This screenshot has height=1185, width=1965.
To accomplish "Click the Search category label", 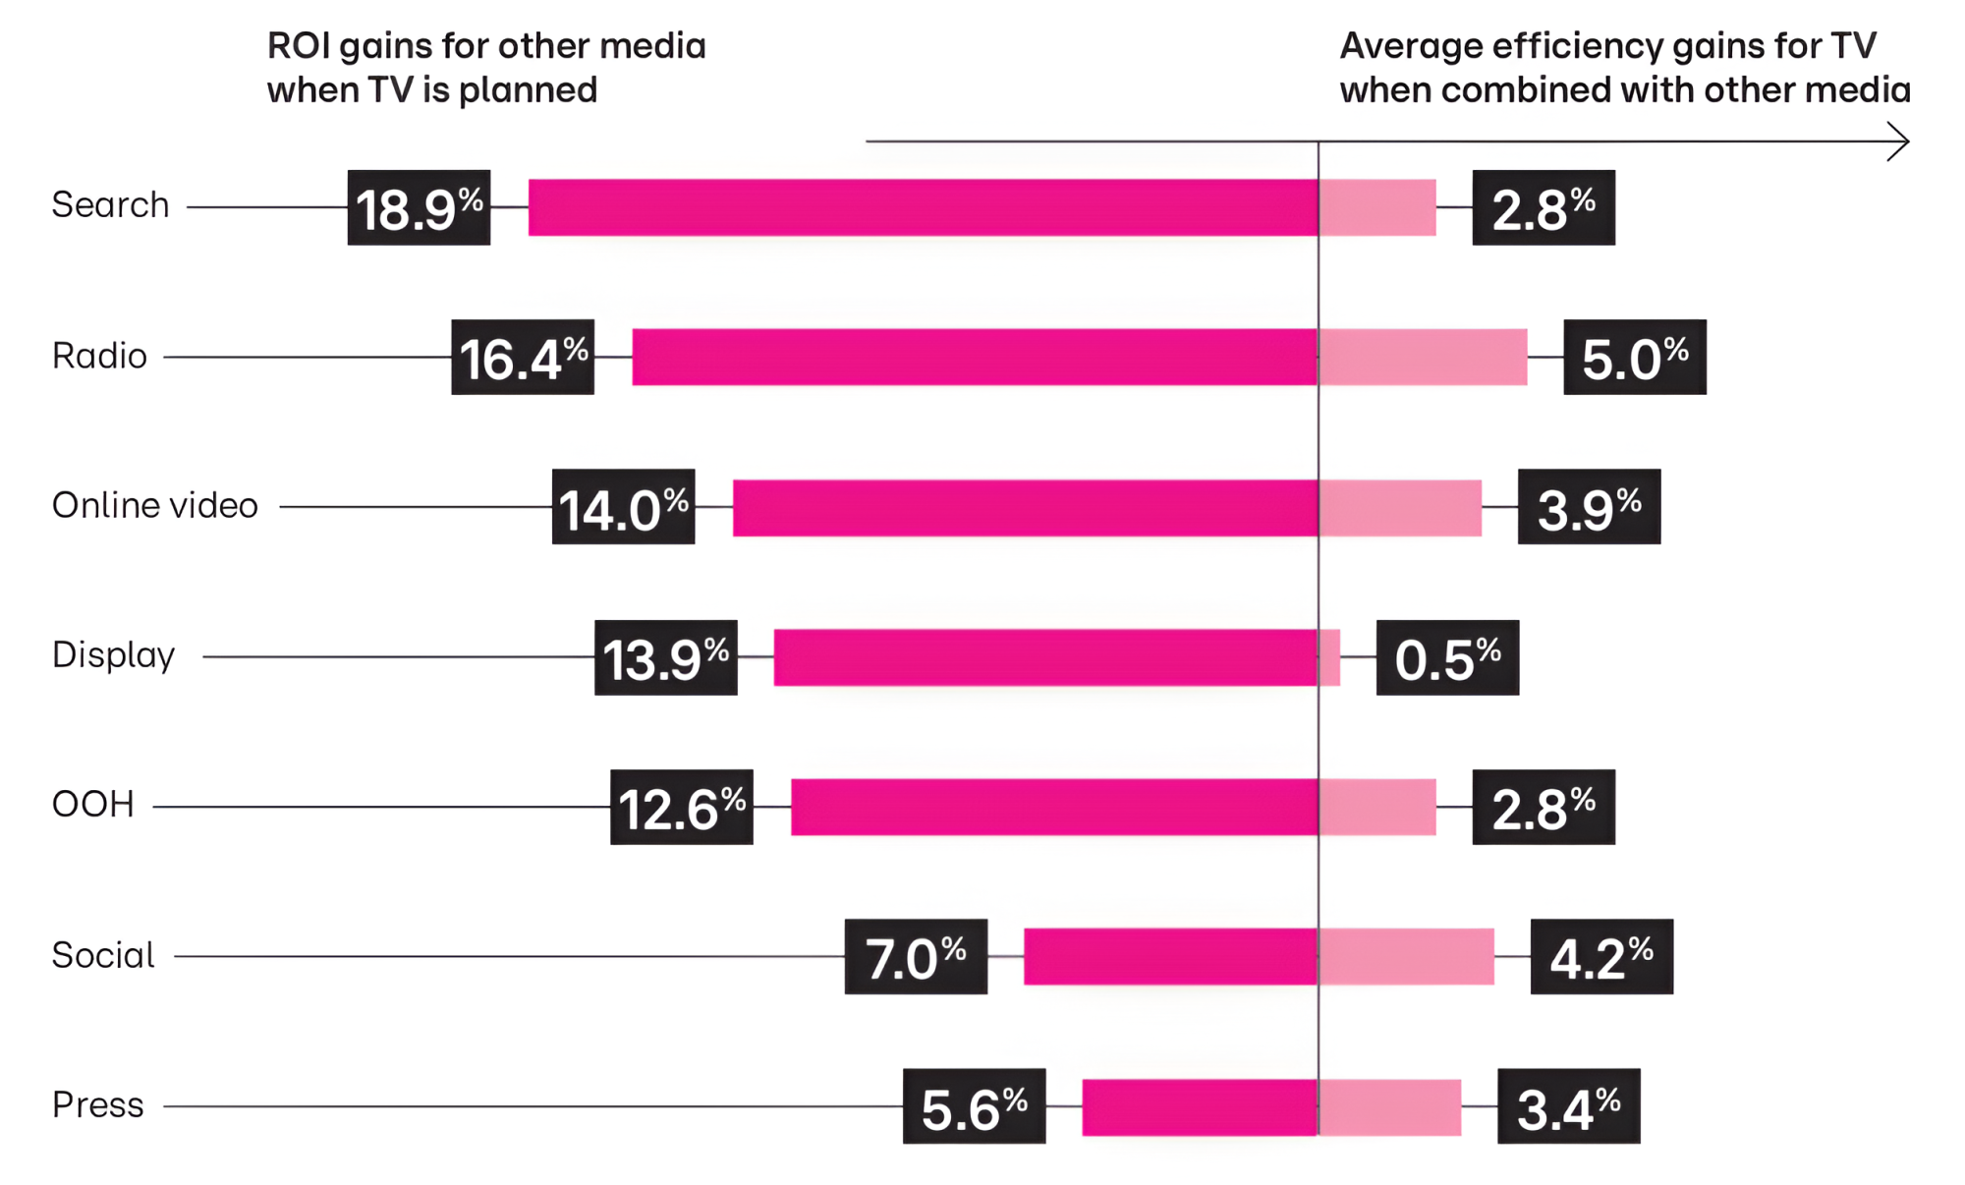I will (x=110, y=205).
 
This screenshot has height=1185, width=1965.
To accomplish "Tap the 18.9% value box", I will (x=419, y=207).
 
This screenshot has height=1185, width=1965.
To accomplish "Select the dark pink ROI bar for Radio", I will (x=974, y=357).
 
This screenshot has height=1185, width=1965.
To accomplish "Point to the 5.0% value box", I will (x=1634, y=357).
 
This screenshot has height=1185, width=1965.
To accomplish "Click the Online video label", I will (x=154, y=505).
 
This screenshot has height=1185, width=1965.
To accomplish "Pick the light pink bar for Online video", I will (x=1400, y=507).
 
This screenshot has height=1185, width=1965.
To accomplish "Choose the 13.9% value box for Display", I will (x=665, y=657).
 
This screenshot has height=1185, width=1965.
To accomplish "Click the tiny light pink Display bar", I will (x=1329, y=657).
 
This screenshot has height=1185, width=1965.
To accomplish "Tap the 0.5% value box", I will (x=1447, y=657).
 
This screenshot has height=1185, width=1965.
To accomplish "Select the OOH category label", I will (x=92, y=805).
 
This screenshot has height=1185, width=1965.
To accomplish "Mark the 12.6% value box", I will (x=681, y=807).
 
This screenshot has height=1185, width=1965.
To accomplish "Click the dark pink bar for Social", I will (x=1169, y=956).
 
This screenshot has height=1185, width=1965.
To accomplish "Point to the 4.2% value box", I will (x=1601, y=956).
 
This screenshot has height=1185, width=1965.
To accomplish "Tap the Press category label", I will (x=97, y=1105).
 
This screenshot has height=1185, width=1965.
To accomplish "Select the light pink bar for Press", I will (x=1389, y=1107).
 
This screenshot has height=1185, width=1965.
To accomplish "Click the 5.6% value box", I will (x=974, y=1106).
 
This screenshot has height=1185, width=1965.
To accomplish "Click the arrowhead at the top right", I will (x=1900, y=141).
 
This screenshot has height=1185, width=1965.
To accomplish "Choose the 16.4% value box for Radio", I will (x=523, y=357).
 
